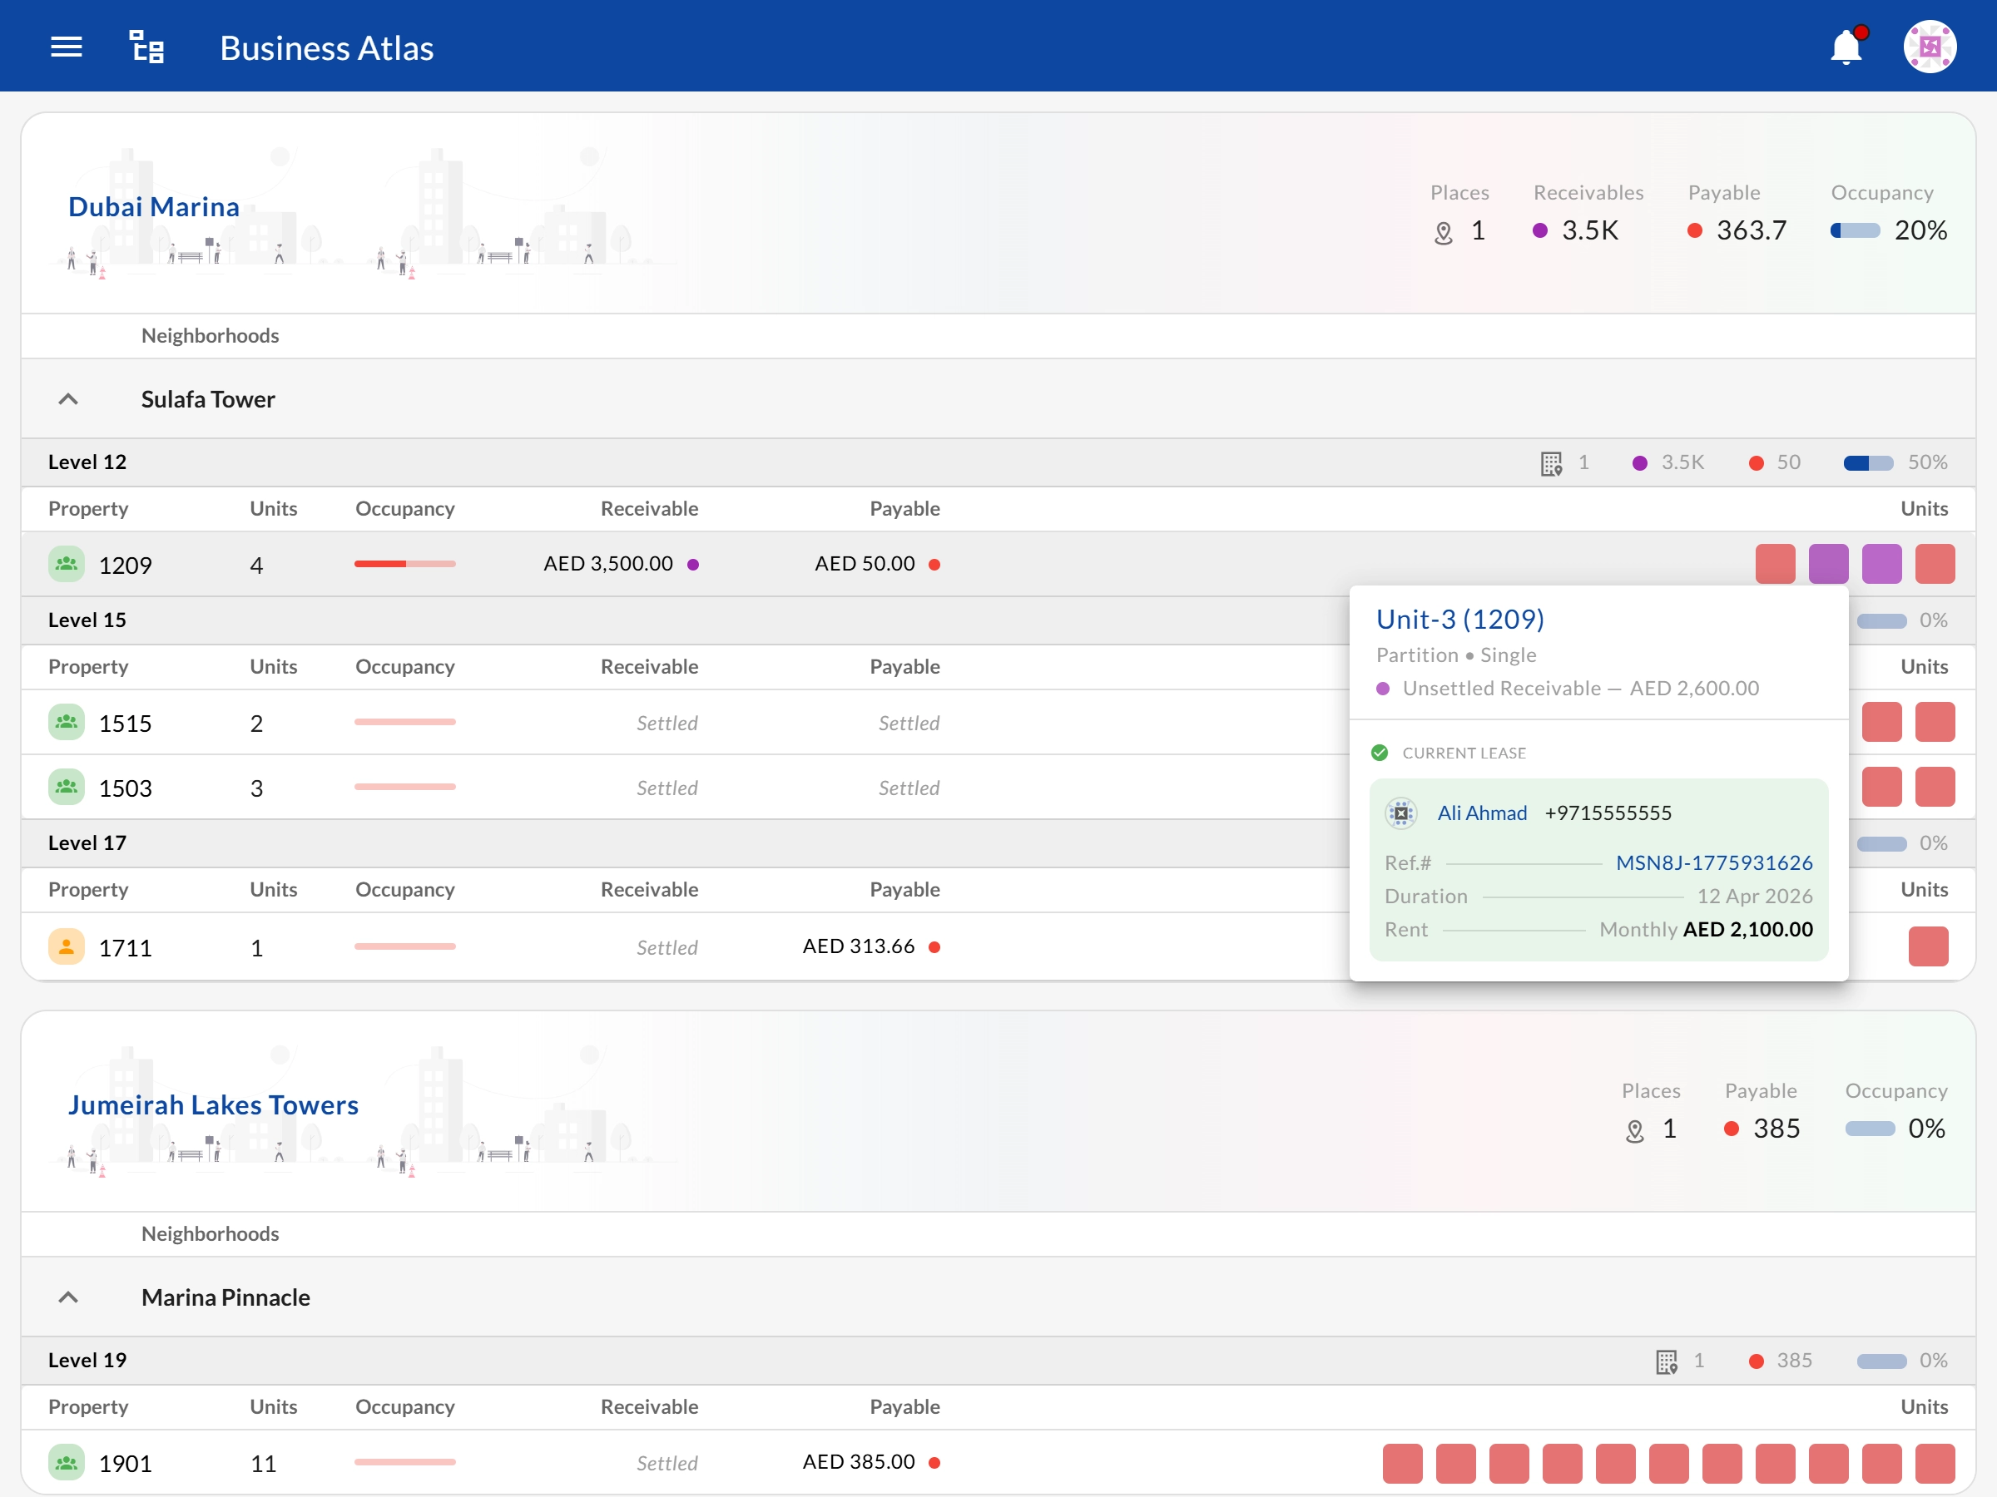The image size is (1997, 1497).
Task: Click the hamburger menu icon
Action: click(66, 47)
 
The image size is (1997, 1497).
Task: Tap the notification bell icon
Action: click(1846, 47)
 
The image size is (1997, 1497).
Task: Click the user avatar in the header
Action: click(1930, 47)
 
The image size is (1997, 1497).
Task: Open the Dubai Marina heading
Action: click(153, 206)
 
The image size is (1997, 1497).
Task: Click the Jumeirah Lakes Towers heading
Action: click(213, 1104)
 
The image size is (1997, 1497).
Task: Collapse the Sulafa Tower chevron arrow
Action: click(67, 399)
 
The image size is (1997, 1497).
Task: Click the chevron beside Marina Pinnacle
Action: click(67, 1297)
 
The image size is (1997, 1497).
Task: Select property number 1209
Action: click(126, 565)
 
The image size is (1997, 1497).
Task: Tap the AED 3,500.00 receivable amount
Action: click(608, 564)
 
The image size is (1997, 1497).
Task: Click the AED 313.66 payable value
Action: click(859, 946)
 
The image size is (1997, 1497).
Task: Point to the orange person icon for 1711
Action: click(66, 946)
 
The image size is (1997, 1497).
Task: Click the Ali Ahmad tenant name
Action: click(1481, 813)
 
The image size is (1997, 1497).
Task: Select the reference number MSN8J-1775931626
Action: click(1713, 862)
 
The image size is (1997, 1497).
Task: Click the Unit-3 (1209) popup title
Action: click(1459, 619)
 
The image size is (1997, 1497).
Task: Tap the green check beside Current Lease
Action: click(1380, 753)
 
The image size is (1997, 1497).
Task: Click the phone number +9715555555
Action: click(1608, 813)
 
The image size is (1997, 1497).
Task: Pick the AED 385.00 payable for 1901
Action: click(859, 1462)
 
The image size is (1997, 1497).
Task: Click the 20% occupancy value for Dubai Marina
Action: click(1920, 230)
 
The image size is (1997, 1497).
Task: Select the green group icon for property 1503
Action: click(66, 787)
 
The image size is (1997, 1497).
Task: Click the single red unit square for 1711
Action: click(1929, 946)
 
